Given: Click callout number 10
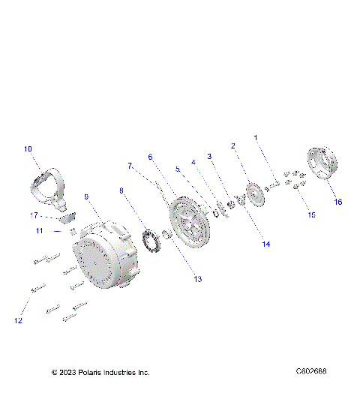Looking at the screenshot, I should pos(28,149).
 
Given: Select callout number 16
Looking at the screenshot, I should pos(337,202).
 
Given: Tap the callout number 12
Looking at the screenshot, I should pos(18,321).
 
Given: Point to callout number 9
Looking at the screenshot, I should pos(86,196).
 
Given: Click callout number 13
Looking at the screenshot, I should pos(198,279).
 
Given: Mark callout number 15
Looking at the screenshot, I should pos(312,214).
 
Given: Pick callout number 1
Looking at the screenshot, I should pos(255,138).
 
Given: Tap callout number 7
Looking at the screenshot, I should pos(129,165).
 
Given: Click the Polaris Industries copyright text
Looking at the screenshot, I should pos(100,372).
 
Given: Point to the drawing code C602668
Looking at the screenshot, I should pos(310,371).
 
